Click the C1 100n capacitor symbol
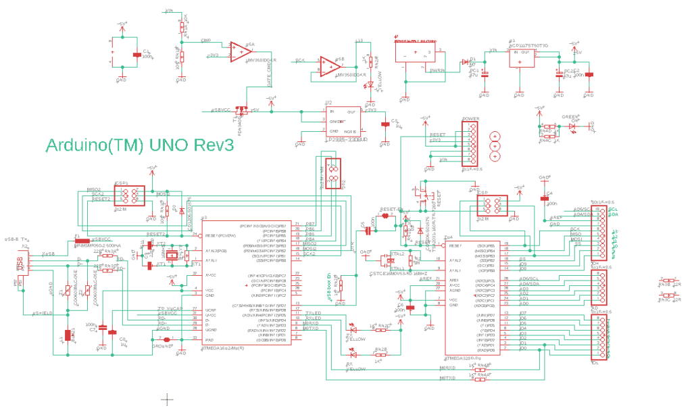point(138,55)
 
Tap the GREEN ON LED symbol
point(573,126)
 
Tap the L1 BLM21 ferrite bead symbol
point(69,336)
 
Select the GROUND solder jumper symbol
point(167,339)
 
